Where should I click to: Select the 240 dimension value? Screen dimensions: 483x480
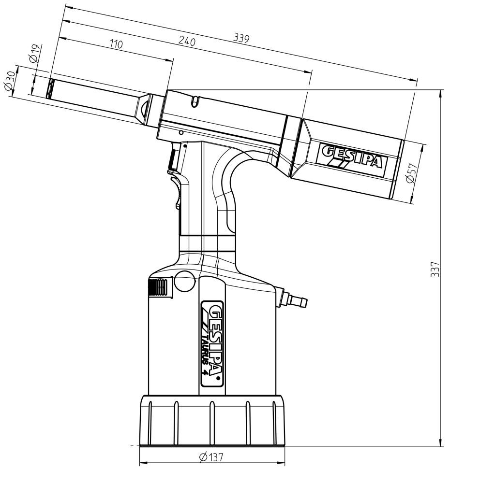click(x=187, y=42)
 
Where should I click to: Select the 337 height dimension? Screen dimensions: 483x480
click(x=435, y=269)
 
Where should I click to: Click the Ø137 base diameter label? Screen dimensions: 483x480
click(x=211, y=457)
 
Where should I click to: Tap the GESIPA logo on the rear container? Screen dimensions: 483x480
click(x=353, y=156)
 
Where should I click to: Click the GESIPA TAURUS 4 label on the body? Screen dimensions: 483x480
click(x=213, y=343)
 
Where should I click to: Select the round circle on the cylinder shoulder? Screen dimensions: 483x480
click(x=184, y=281)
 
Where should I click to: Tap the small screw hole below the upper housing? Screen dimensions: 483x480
click(x=181, y=132)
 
